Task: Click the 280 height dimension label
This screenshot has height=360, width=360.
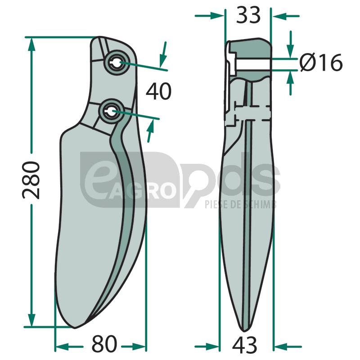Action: tap(31, 180)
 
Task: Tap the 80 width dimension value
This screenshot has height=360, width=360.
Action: tap(104, 344)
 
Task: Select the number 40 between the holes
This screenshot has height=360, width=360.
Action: tap(159, 91)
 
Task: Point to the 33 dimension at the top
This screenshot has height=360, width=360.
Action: tap(248, 15)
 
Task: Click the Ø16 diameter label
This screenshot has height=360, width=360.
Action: tap(321, 62)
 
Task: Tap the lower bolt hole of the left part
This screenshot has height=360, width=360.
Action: tap(111, 111)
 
